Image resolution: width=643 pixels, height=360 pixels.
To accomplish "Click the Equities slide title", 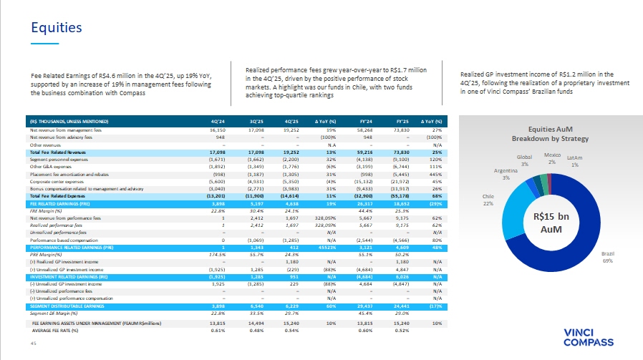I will [x=56, y=29].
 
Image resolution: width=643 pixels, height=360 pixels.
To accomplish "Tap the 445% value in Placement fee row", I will [x=432, y=174].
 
